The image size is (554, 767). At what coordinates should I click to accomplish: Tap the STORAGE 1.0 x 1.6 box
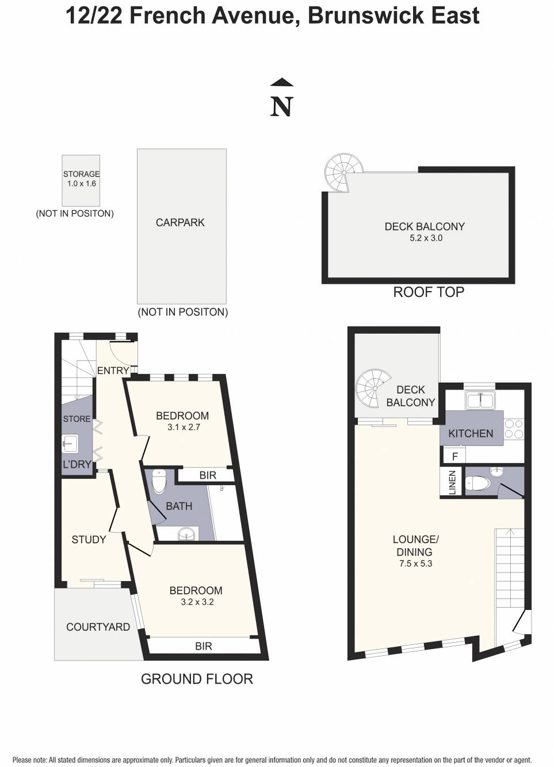[x=81, y=180]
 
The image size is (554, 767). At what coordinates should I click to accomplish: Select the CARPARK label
[x=180, y=223]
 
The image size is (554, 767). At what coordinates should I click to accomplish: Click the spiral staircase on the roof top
[x=343, y=172]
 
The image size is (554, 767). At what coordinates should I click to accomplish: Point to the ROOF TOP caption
[x=428, y=292]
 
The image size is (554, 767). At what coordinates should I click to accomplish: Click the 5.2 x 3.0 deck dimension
[x=426, y=238]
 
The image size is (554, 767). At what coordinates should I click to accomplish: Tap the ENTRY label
[x=113, y=371]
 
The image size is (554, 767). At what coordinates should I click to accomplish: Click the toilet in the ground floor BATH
[x=159, y=482]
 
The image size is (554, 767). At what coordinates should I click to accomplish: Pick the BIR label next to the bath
[x=208, y=475]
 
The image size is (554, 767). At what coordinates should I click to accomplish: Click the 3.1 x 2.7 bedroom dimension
[x=184, y=428]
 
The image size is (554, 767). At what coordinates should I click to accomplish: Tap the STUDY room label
[x=89, y=540]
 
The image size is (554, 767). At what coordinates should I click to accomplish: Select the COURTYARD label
[x=98, y=627]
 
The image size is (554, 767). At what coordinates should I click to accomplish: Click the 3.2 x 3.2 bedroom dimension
[x=197, y=602]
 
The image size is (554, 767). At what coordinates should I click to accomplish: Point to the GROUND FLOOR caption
[x=197, y=679]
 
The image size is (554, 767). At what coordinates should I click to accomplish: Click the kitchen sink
[x=479, y=400]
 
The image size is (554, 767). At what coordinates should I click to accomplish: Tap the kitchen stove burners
[x=514, y=429]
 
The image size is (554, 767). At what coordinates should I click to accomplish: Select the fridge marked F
[x=454, y=457]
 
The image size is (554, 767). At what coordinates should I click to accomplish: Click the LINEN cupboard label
[x=452, y=482]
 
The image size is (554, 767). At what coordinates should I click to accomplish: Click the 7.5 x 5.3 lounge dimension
[x=415, y=564]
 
